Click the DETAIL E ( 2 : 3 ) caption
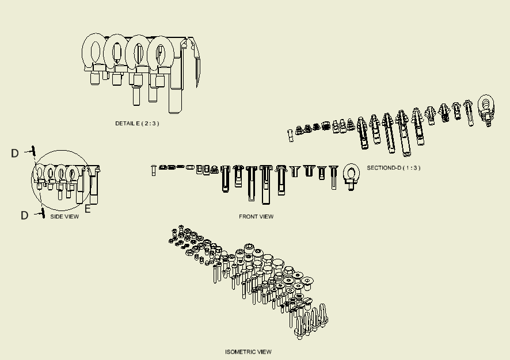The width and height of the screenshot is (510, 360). click(x=137, y=124)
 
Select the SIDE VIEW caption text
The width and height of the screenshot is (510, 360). click(x=64, y=216)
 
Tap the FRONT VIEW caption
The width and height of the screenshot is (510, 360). click(x=256, y=217)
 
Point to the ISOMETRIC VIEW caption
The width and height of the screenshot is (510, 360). click(x=248, y=352)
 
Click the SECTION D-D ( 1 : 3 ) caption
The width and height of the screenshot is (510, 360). click(x=393, y=168)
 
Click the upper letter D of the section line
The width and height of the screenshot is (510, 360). click(x=15, y=153)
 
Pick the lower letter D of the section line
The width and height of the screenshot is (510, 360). click(x=24, y=216)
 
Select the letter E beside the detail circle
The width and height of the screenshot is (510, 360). click(x=88, y=209)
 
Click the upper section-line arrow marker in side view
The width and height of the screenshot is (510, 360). click(x=33, y=151)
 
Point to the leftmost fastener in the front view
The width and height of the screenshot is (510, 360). click(x=154, y=170)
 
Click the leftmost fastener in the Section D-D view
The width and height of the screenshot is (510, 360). click(x=291, y=135)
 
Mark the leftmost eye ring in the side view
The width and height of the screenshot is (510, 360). click(x=40, y=173)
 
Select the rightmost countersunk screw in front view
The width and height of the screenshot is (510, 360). click(x=333, y=177)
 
